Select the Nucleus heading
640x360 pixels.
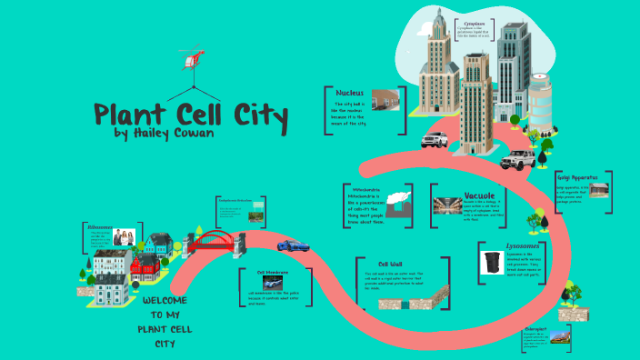(x=350, y=93)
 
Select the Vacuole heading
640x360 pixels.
(x=478, y=195)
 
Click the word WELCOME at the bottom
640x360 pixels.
(x=165, y=300)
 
